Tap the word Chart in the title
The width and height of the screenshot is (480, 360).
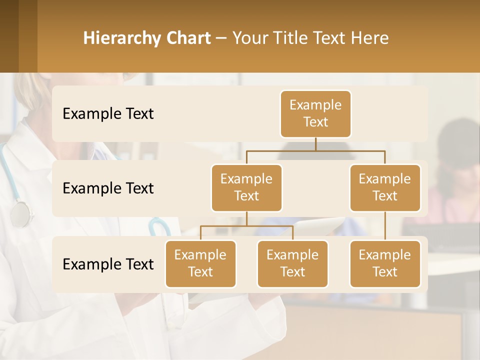point(187,38)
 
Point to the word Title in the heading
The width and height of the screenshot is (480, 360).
point(290,38)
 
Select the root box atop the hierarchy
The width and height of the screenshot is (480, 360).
point(315,114)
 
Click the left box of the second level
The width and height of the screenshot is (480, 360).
point(246,187)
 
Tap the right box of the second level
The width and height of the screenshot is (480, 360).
point(385,187)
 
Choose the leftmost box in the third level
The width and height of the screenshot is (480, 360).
point(200,263)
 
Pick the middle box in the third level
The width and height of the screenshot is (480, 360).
point(292,263)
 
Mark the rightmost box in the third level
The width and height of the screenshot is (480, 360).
point(385,263)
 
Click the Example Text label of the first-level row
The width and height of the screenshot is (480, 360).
point(108,114)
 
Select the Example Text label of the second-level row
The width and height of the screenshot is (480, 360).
point(108,188)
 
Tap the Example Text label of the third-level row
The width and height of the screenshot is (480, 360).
point(108,264)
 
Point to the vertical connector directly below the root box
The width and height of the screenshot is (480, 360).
point(315,144)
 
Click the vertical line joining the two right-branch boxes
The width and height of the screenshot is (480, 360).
point(385,226)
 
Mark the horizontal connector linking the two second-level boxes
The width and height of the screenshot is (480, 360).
point(315,150)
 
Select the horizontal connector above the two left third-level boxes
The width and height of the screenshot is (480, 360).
point(246,226)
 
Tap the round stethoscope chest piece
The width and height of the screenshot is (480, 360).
point(20,214)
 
